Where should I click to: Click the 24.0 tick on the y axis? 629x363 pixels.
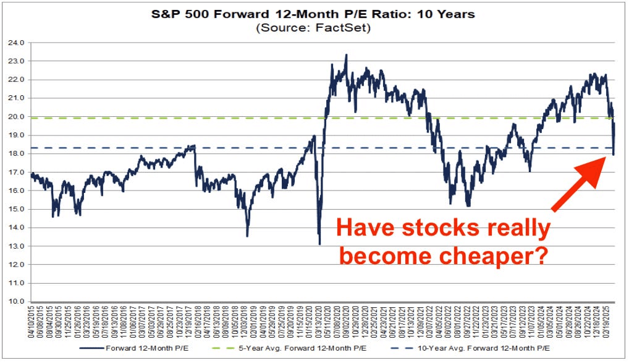pyautogui.click(x=16, y=43)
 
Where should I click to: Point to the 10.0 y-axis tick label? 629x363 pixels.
pyautogui.click(x=16, y=302)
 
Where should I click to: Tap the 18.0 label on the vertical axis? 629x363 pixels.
pyautogui.click(x=16, y=153)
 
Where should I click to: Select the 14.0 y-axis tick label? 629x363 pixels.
pyautogui.click(x=16, y=228)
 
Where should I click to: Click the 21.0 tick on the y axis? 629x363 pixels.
pyautogui.click(x=16, y=98)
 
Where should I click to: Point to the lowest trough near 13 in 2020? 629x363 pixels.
pyautogui.click(x=319, y=244)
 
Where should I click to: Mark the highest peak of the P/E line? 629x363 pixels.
pyautogui.click(x=346, y=55)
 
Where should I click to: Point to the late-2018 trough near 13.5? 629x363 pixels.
pyautogui.click(x=247, y=236)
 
